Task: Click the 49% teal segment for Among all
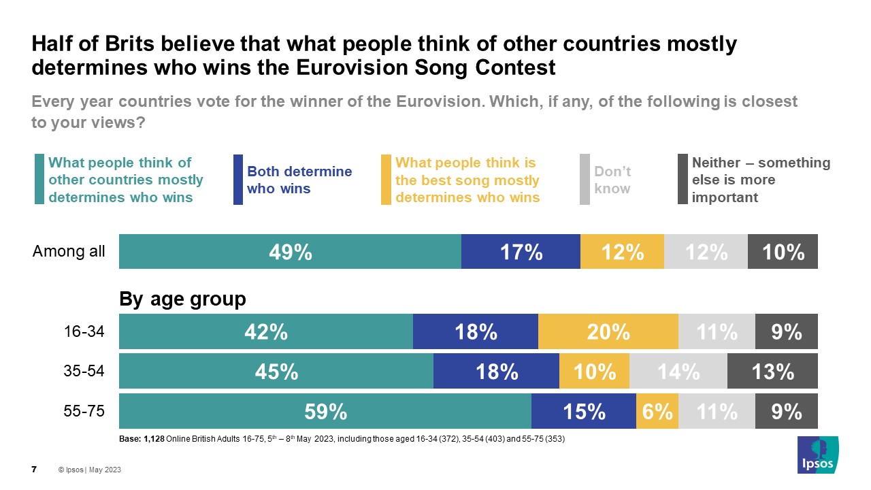[x=290, y=252]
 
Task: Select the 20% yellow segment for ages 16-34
[x=608, y=331]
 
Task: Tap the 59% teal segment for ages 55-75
[x=325, y=411]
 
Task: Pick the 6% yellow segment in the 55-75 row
[x=657, y=411]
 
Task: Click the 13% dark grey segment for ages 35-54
[x=772, y=372]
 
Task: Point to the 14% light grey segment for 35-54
[x=678, y=372]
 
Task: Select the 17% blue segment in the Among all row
[x=521, y=252]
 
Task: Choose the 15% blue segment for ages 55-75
[x=583, y=411]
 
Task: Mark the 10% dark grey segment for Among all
[x=783, y=252]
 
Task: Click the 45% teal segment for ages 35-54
[x=276, y=372]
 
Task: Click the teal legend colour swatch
[x=39, y=180]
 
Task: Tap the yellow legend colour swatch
[x=386, y=180]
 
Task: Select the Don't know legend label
[x=612, y=180]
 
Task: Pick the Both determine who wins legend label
[x=299, y=180]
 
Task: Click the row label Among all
[x=69, y=252]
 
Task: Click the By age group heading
[x=182, y=299]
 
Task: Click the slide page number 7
[x=34, y=470]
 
